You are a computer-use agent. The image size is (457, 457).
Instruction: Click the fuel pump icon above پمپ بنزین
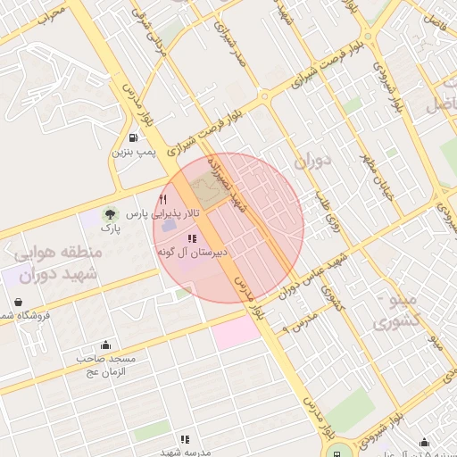click(133, 137)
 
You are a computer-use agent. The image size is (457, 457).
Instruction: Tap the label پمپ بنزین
click(133, 153)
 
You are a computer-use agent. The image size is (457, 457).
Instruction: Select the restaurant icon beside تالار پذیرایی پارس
click(162, 199)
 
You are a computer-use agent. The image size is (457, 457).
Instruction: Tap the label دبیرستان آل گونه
click(193, 253)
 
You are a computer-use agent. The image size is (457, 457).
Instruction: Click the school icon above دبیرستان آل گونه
click(192, 238)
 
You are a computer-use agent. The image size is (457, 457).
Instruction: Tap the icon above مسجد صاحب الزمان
click(107, 345)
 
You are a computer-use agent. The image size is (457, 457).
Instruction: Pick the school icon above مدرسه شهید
click(185, 439)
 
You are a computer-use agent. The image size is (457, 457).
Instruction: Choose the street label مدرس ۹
click(299, 320)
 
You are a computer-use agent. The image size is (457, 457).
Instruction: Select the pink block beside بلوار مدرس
click(235, 333)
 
